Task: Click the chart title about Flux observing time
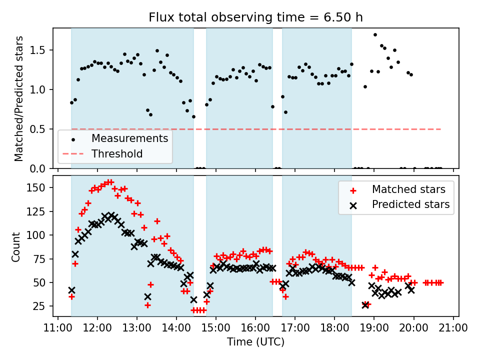(x=255, y=17)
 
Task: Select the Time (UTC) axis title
(x=255, y=342)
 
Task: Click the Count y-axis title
(x=16, y=246)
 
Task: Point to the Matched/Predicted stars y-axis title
(x=19, y=98)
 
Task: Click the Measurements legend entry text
(x=129, y=138)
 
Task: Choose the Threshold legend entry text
(x=117, y=154)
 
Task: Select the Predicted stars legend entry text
(x=410, y=204)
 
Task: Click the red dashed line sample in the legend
(x=74, y=154)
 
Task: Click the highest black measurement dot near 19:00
(x=375, y=34)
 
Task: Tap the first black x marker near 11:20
(x=71, y=290)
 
